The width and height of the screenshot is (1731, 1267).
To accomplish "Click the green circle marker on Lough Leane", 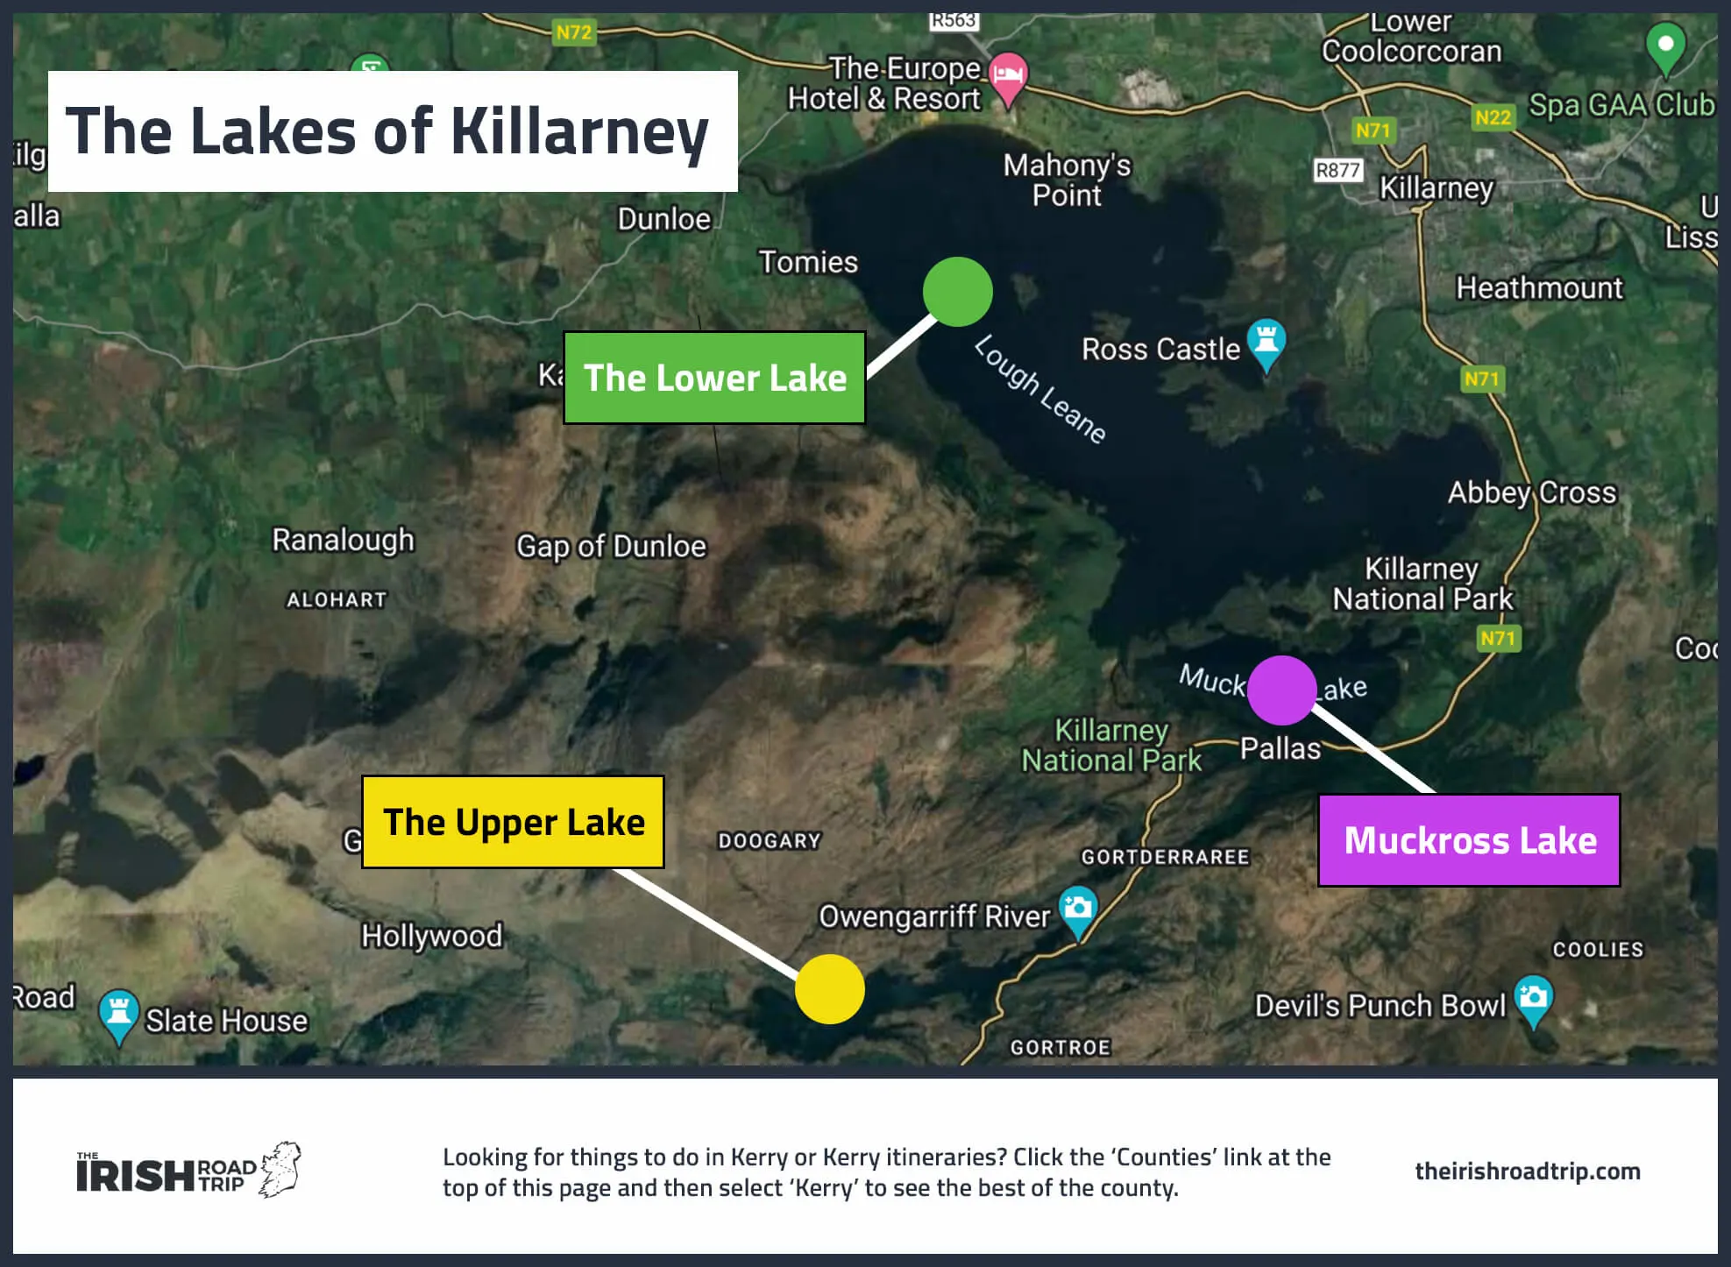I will click(957, 292).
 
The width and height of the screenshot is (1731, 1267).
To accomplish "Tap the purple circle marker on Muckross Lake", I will click(1281, 690).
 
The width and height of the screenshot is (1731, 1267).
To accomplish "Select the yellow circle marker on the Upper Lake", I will click(829, 989).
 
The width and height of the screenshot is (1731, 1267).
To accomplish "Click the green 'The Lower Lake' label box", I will click(714, 378).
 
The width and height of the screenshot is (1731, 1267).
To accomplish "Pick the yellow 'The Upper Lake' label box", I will click(513, 822).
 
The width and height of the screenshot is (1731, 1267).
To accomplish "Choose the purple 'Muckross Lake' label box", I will click(1469, 840).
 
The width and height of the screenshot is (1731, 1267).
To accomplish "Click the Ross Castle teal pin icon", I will click(1266, 342).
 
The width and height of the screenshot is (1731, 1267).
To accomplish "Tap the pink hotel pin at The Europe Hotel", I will click(1008, 77).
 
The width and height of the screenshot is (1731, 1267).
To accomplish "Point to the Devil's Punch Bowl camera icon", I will click(1533, 999).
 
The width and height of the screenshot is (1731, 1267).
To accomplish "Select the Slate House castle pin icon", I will click(118, 1015).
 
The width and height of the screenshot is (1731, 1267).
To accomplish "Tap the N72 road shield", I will click(574, 32).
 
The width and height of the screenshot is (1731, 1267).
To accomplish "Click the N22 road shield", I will click(1493, 117).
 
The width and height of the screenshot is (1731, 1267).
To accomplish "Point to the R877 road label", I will click(1337, 170).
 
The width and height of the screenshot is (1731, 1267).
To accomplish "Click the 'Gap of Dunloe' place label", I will click(611, 546).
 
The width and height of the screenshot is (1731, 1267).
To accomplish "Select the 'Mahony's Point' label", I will click(1067, 180).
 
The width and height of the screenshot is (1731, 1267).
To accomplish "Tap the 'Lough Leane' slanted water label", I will click(1039, 390).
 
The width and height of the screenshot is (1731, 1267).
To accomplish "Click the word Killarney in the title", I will click(579, 131).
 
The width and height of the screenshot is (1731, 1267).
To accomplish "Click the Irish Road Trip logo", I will click(188, 1171).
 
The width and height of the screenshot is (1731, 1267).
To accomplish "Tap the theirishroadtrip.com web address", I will click(1527, 1171).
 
